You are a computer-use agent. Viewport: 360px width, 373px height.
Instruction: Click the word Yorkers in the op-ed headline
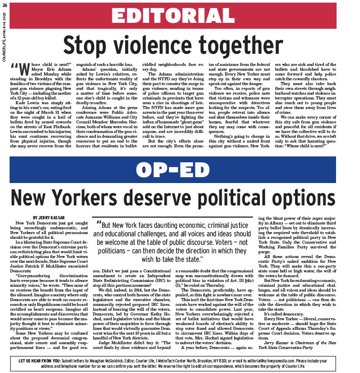coord(89,197)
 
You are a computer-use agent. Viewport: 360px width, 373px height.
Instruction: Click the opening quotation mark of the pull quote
coord(97,225)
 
